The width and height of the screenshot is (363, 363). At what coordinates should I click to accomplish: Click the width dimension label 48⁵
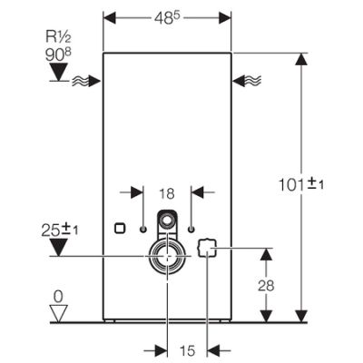(x=167, y=18)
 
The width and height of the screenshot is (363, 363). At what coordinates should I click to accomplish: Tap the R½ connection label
(x=58, y=37)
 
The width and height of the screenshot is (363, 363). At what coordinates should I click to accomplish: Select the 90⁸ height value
(x=58, y=54)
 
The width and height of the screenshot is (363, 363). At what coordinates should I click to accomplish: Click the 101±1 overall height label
(x=300, y=184)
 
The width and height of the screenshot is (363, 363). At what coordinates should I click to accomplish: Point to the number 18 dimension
(x=167, y=193)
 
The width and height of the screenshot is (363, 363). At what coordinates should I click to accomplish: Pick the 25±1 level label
(x=60, y=231)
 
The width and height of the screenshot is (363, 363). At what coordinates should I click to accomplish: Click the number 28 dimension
(x=266, y=285)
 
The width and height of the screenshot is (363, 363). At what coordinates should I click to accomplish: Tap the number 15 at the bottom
(x=187, y=351)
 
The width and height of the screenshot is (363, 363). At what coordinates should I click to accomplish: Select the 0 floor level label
(x=58, y=297)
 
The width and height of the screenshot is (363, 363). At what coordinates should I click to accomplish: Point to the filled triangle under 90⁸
(x=59, y=72)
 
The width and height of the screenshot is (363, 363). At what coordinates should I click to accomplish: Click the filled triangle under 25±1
(x=59, y=247)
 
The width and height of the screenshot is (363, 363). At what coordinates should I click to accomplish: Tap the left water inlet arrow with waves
(x=86, y=81)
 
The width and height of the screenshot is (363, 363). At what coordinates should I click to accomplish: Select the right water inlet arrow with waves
(x=247, y=81)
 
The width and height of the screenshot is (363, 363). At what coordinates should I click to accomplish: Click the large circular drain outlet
(x=167, y=256)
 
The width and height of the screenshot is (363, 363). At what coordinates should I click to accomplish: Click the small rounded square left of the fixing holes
(x=120, y=228)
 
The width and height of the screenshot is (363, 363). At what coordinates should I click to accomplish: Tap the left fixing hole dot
(x=143, y=230)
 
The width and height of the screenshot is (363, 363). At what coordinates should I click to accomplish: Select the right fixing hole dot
(x=191, y=230)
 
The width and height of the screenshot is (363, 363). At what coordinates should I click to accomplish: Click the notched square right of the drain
(x=207, y=248)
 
